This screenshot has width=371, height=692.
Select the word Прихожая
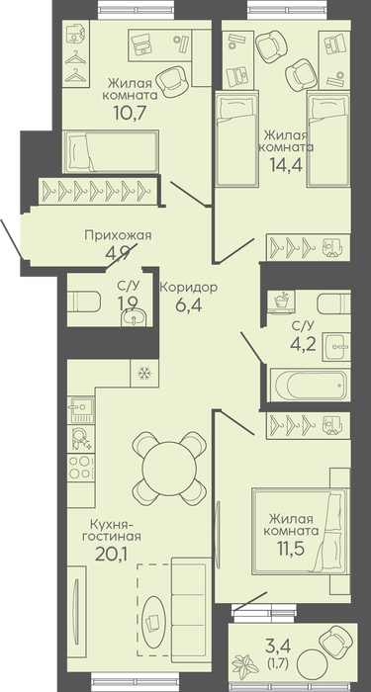[x=118, y=235]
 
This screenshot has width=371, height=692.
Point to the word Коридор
[x=189, y=288]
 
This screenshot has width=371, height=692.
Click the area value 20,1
[x=111, y=554]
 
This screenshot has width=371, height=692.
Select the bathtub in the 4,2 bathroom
[x=310, y=386]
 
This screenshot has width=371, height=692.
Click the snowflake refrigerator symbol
[x=144, y=374]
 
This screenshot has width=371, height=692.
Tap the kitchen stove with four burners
[x=81, y=467]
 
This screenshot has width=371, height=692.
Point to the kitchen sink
[x=81, y=409]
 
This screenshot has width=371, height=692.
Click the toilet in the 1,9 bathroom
[x=84, y=303]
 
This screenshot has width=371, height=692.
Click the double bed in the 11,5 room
[x=301, y=531]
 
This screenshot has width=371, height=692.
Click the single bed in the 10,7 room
[x=111, y=151]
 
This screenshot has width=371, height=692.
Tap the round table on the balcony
[x=312, y=666]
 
